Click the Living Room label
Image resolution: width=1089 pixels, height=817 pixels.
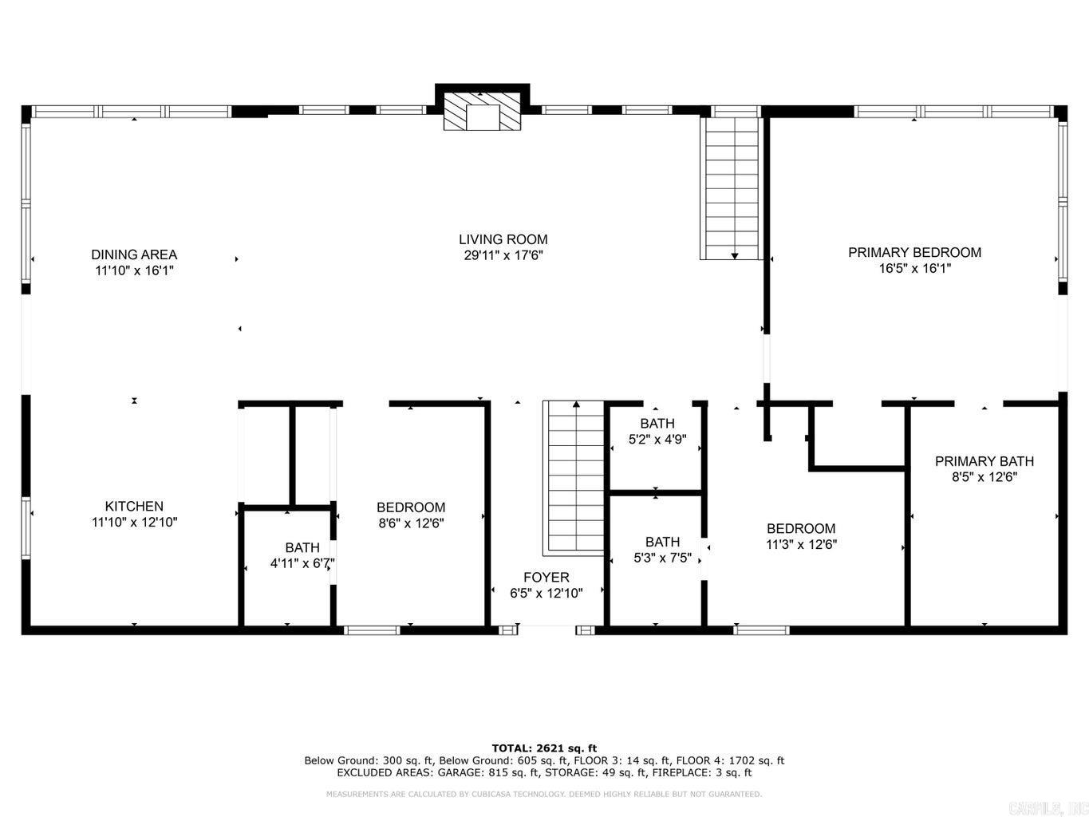pyautogui.click(x=503, y=239)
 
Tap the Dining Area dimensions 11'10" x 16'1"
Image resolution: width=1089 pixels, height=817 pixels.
pyautogui.click(x=133, y=270)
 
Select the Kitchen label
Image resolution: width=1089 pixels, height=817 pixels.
pyautogui.click(x=134, y=506)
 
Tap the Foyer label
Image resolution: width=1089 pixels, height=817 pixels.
pyautogui.click(x=546, y=577)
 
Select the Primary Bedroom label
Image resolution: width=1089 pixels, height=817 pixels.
pyautogui.click(x=914, y=252)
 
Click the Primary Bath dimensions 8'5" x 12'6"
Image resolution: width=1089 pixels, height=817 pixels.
pyautogui.click(x=984, y=477)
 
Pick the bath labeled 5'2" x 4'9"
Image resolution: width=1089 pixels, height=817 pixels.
pyautogui.click(x=657, y=431)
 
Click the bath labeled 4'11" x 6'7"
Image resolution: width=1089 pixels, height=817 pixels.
pyautogui.click(x=302, y=555)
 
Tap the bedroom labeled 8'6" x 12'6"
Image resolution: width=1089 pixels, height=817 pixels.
pyautogui.click(x=411, y=515)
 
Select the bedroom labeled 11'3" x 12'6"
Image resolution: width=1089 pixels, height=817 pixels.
pyautogui.click(x=801, y=536)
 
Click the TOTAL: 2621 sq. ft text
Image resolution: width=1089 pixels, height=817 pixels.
pyautogui.click(x=544, y=748)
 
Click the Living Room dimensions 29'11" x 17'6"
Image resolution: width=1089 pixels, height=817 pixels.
pyautogui.click(x=503, y=255)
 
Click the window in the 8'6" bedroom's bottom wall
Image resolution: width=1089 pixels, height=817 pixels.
pyautogui.click(x=372, y=630)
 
